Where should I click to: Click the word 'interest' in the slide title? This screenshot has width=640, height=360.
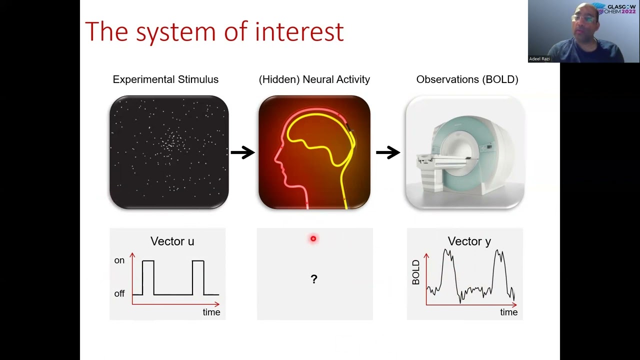[299, 31]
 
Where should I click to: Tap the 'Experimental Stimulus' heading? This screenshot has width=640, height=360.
[165, 79]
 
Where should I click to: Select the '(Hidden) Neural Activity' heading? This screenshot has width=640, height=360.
[314, 79]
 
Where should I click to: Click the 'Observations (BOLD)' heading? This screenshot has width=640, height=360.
[467, 79]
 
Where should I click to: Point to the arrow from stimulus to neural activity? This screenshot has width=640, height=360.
[242, 152]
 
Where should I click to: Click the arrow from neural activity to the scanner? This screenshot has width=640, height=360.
[388, 152]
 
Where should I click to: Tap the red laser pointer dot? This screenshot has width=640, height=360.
[313, 239]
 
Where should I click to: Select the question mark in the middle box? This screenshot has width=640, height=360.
[314, 279]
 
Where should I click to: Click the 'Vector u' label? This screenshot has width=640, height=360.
[172, 241]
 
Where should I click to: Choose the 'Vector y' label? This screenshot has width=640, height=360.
[469, 241]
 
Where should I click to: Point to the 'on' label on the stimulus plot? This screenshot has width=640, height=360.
[119, 260]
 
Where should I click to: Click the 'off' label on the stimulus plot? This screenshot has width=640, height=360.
[119, 294]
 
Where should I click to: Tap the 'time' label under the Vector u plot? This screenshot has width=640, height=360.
[211, 312]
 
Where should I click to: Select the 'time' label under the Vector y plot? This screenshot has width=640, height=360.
[508, 312]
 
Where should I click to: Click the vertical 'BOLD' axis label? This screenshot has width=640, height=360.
[416, 272]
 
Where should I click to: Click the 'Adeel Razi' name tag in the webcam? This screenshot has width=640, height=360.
[539, 59]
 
